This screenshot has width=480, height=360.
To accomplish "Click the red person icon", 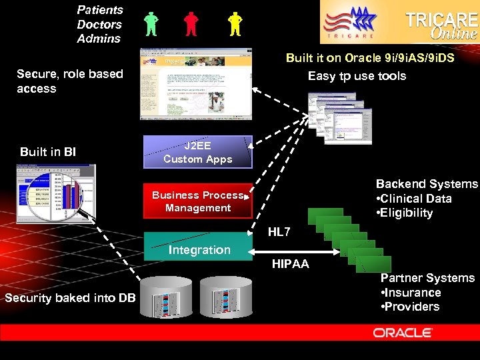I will pyautogui.click(x=191, y=24).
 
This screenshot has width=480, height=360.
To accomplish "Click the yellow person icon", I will pyautogui.click(x=234, y=24).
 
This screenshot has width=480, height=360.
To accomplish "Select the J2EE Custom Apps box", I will pyautogui.click(x=198, y=152).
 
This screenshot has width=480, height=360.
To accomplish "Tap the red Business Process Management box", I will pyautogui.click(x=198, y=201).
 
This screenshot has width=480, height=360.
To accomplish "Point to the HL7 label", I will pyautogui.click(x=279, y=232).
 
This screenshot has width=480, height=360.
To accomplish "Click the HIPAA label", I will pyautogui.click(x=290, y=264).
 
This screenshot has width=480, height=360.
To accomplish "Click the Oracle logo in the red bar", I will pyautogui.click(x=403, y=332).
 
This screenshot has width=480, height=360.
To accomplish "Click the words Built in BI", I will pyautogui.click(x=48, y=152).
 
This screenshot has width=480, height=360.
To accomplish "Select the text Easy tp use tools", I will pyautogui.click(x=357, y=76).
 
